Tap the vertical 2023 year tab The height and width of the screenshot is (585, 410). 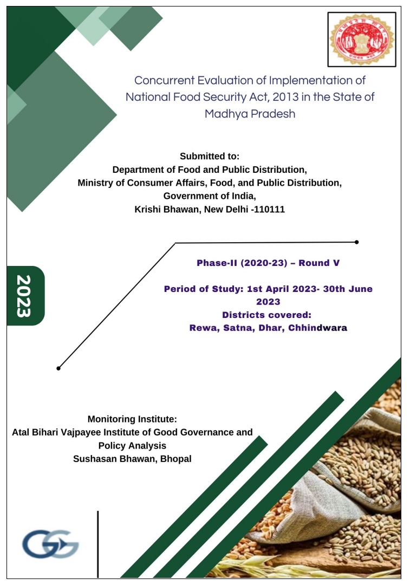coord(25,296)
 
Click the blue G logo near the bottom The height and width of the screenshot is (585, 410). coord(50,544)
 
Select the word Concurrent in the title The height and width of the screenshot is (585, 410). coord(165,81)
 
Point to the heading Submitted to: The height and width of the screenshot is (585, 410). coord(210,157)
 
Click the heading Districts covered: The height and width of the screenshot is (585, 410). coord(268,315)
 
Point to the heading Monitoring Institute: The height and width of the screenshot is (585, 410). coord(132,419)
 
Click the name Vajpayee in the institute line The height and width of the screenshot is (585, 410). coord(88,432)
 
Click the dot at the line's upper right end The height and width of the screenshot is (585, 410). coord(356,242)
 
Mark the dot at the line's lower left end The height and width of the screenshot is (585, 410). coord(58,368)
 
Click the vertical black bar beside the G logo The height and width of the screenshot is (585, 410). coord(98,544)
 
